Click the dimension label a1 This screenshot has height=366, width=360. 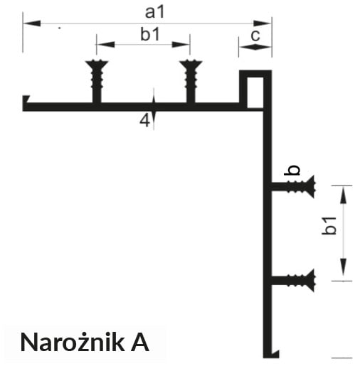154,12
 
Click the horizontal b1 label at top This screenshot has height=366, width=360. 150,34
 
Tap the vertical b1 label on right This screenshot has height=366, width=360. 329,226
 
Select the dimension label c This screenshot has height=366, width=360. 255,36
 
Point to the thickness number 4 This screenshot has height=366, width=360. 144,121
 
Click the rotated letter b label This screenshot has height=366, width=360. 292,170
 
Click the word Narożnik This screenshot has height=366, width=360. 73,343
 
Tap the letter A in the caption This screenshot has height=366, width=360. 140,343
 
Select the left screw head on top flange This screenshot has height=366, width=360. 97,64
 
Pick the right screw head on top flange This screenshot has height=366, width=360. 191,64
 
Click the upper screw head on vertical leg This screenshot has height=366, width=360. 311,187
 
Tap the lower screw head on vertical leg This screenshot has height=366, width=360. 311,280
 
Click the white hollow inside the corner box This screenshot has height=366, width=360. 255,92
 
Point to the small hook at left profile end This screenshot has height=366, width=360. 26,99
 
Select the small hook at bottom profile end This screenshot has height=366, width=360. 275,353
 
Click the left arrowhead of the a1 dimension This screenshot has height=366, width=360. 32,23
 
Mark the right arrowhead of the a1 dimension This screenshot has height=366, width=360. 262,23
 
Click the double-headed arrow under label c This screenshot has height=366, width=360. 255,47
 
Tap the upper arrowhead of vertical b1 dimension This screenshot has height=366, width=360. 343,195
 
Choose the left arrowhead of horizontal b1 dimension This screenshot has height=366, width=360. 106,44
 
